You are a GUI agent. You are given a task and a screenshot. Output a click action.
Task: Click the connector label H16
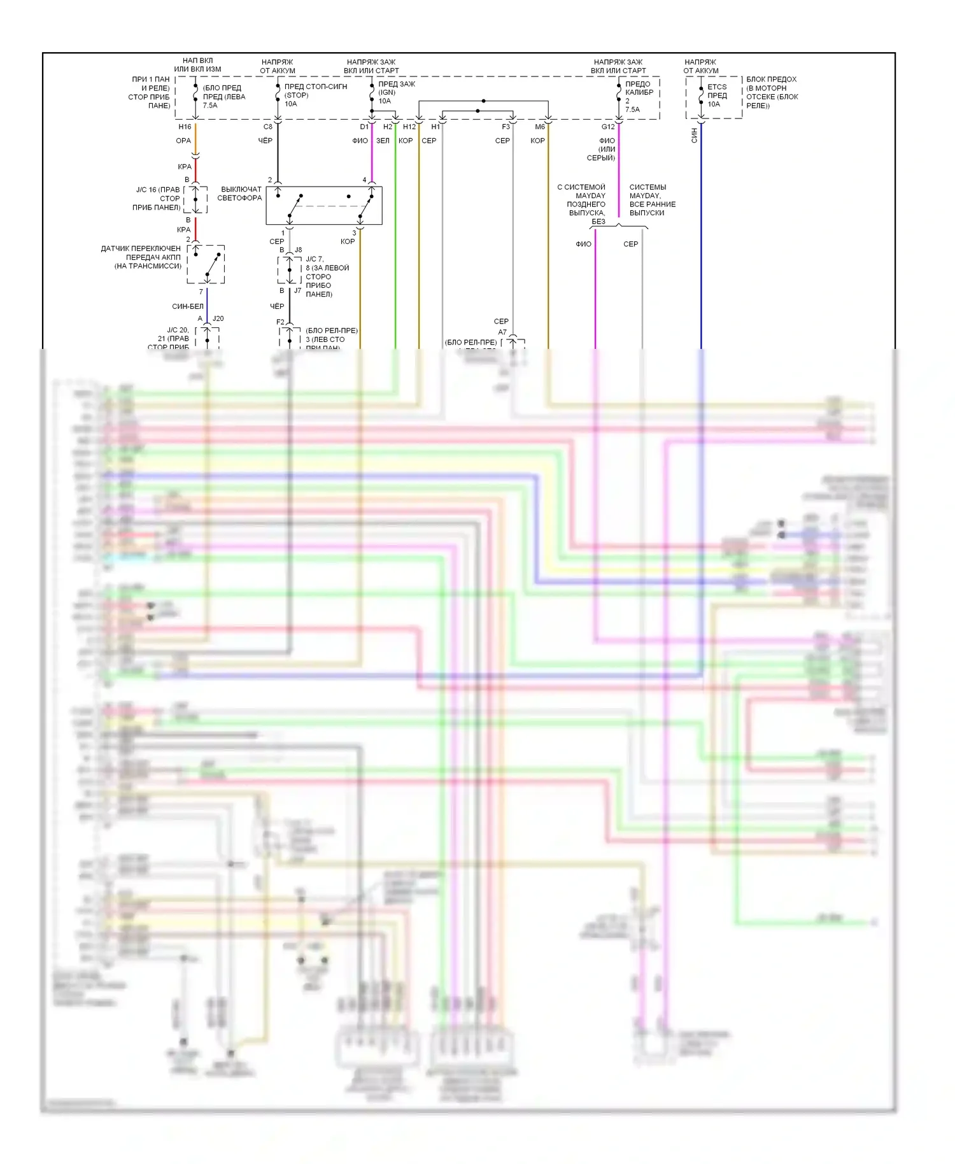click(185, 127)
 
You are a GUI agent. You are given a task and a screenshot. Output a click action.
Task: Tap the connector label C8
click(268, 127)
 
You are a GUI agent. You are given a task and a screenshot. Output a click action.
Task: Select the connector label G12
click(608, 127)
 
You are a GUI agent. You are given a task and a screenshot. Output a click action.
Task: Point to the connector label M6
click(540, 127)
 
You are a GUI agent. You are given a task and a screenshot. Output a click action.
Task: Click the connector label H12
click(409, 127)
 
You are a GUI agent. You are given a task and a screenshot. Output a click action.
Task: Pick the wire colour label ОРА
click(183, 141)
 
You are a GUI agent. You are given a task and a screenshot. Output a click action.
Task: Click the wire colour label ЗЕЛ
click(383, 141)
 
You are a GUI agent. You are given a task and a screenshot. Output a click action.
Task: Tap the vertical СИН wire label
click(695, 135)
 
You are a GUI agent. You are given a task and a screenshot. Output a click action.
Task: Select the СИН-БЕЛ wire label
click(188, 306)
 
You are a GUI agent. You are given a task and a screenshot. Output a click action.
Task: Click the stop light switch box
click(324, 205)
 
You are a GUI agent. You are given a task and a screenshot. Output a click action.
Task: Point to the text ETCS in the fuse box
click(717, 87)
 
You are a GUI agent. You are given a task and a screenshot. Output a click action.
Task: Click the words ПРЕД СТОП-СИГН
click(316, 87)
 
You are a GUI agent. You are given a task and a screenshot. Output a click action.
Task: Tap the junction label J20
click(218, 318)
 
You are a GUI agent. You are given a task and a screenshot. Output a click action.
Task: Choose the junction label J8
click(298, 250)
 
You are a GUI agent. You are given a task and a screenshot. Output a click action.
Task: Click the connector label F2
click(280, 322)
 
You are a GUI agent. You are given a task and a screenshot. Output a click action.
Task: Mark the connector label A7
click(502, 332)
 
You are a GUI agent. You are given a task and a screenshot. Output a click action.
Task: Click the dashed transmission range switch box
click(206, 264)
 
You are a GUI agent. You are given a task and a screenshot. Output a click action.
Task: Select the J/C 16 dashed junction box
click(195, 199)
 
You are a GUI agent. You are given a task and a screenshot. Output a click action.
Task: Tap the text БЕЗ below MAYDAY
click(598, 222)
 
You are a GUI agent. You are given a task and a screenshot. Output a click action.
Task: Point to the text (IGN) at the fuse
click(387, 92)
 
